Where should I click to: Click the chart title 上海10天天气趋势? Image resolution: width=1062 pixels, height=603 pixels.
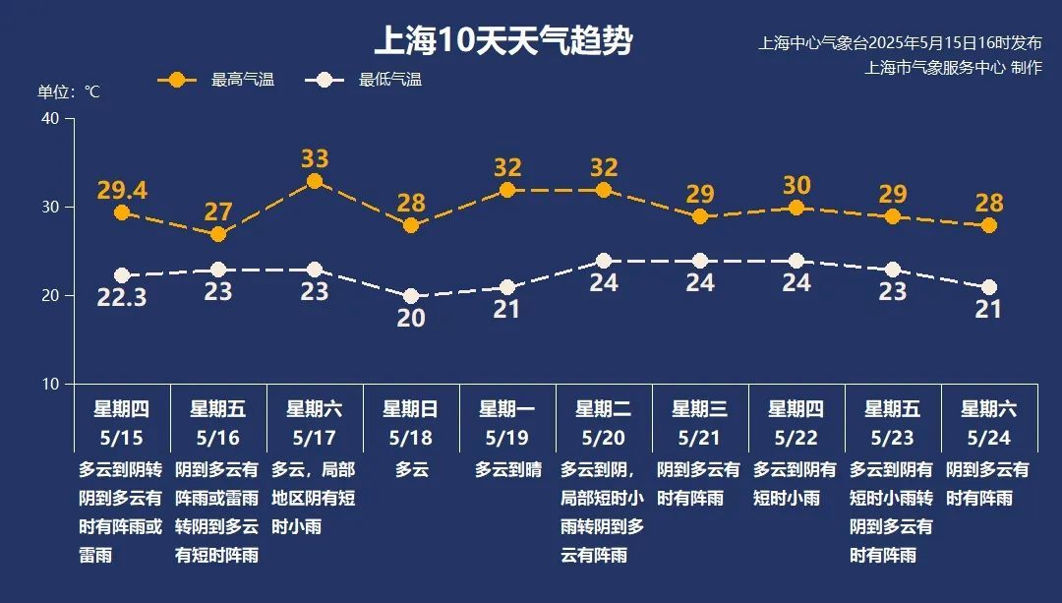pyautogui.click(x=503, y=42)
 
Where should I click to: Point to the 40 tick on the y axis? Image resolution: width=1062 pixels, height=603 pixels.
pyautogui.click(x=51, y=119)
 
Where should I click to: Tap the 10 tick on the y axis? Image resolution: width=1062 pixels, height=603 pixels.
pyautogui.click(x=51, y=384)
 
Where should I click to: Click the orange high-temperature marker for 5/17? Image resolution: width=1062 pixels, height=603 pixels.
pyautogui.click(x=315, y=181)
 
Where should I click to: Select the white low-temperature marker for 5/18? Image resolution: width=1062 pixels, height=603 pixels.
pyautogui.click(x=411, y=296)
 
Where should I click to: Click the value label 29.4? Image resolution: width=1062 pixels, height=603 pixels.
pyautogui.click(x=122, y=190)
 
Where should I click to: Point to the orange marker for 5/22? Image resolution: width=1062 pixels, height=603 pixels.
pyautogui.click(x=796, y=208)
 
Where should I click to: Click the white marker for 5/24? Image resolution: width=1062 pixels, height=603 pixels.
pyautogui.click(x=989, y=287)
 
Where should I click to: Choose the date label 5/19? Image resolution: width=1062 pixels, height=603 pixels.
pyautogui.click(x=507, y=436)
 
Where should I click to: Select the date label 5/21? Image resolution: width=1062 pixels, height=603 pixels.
pyautogui.click(x=700, y=436)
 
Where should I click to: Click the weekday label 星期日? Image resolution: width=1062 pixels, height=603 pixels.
pyautogui.click(x=411, y=409)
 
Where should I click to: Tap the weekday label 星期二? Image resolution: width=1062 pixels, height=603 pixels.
pyautogui.click(x=604, y=409)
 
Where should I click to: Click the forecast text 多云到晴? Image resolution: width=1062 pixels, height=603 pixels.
pyautogui.click(x=507, y=470)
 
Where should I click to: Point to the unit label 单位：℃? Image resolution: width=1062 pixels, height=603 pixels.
pyautogui.click(x=69, y=91)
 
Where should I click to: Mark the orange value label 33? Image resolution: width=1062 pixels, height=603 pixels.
pyautogui.click(x=315, y=158)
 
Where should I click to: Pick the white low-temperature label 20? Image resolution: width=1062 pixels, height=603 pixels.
pyautogui.click(x=411, y=319)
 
